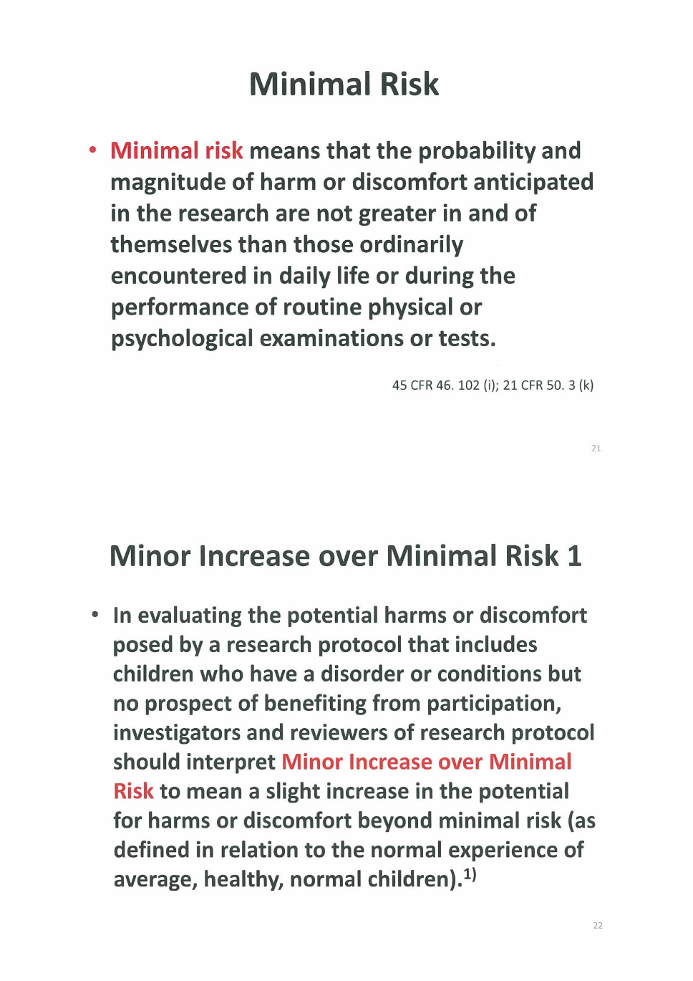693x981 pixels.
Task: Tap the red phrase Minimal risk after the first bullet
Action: (x=177, y=151)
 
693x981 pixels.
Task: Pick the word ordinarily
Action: (x=411, y=245)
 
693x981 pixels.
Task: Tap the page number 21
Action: (x=596, y=449)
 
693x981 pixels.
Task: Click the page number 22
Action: (x=598, y=926)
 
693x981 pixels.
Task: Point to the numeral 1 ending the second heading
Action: (x=574, y=557)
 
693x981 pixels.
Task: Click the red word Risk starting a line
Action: (x=133, y=791)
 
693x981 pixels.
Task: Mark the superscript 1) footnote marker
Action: (x=470, y=874)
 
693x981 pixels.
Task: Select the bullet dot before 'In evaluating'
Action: (x=94, y=615)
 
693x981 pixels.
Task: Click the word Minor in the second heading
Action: (x=150, y=557)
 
